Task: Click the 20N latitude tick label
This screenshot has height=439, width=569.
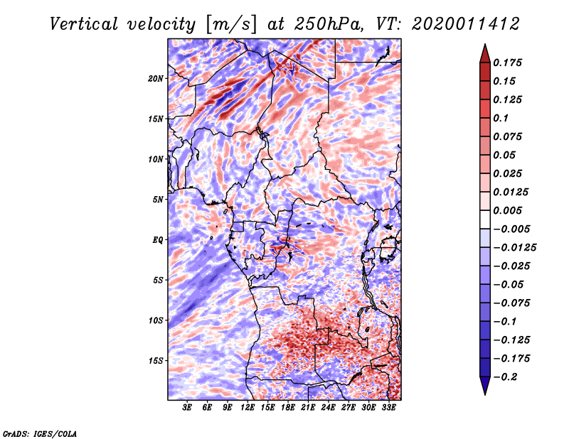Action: coord(156,78)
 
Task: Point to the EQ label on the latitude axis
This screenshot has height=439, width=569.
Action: coord(158,240)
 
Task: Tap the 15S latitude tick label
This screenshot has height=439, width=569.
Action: coord(156,361)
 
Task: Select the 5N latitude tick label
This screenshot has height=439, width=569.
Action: coord(158,200)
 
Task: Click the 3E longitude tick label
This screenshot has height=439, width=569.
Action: coord(187,408)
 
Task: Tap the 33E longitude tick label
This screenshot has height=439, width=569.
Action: coord(389,408)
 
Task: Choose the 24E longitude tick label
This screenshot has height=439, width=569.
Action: coord(329,408)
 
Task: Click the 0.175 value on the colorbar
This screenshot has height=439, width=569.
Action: coord(508,63)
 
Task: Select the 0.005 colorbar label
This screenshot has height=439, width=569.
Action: coord(508,210)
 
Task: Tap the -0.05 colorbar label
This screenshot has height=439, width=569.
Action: coord(511,284)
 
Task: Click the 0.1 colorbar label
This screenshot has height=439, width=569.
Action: coord(501,118)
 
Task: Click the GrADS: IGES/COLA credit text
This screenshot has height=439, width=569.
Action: coord(39,433)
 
